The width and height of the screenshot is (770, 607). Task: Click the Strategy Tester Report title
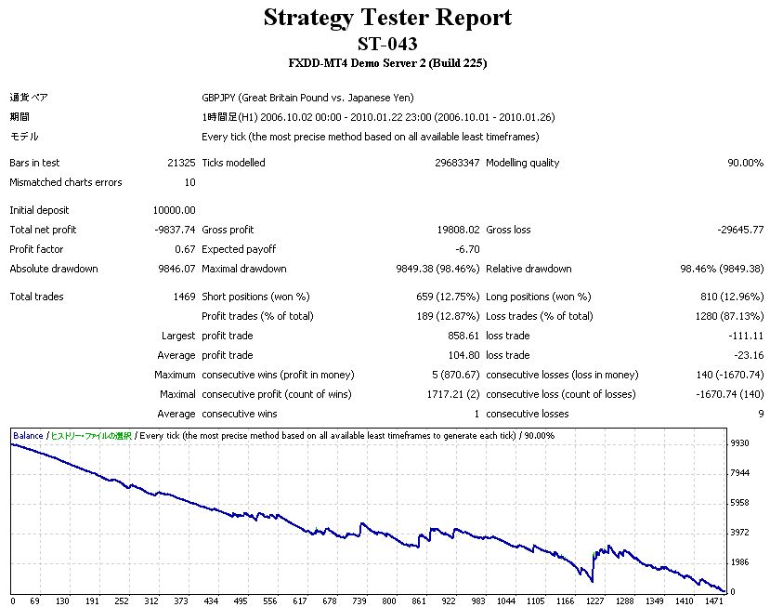(386, 18)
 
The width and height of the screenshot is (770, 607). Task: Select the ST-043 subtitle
(386, 44)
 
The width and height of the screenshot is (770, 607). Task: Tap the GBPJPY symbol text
(219, 98)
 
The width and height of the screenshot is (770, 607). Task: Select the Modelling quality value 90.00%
(744, 163)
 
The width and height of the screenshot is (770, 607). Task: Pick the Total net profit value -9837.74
(175, 230)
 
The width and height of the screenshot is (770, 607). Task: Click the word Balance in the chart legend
(28, 435)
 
